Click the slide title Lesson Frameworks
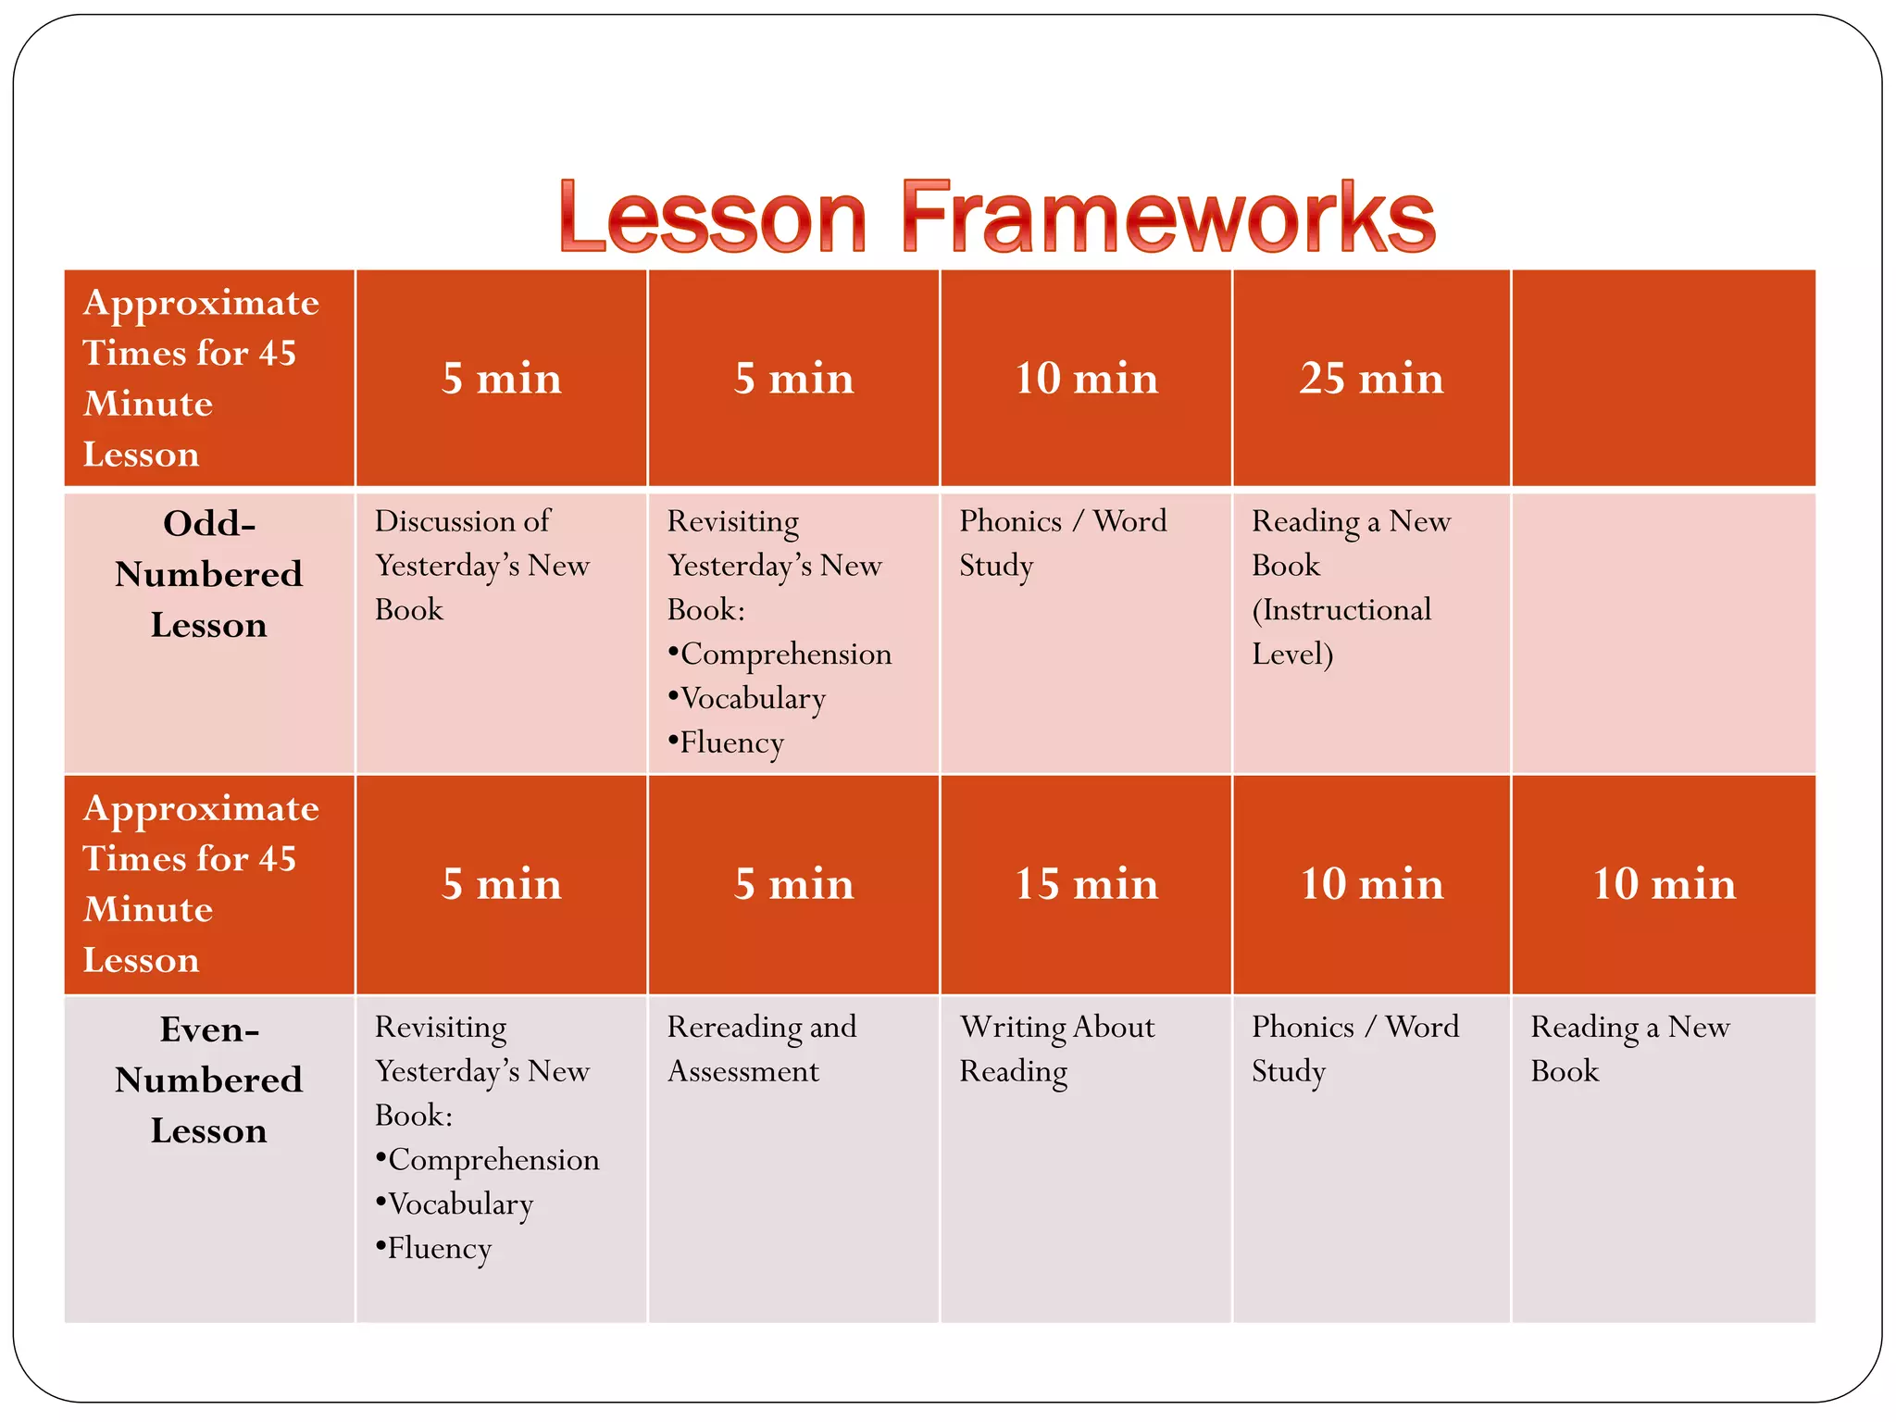(997, 218)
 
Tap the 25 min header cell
(1371, 379)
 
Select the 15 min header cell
(1086, 884)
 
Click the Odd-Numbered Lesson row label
(209, 575)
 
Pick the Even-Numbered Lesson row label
(209, 1080)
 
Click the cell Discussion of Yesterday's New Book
(481, 565)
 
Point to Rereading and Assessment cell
(761, 1049)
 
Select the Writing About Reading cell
(1056, 1049)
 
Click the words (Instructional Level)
(1341, 632)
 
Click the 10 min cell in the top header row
(1086, 379)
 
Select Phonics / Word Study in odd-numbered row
(1062, 543)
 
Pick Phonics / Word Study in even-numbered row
(1354, 1049)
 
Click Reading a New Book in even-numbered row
(1629, 1049)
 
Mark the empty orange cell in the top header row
(1663, 379)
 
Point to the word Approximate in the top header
(201, 303)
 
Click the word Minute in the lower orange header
(148, 909)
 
